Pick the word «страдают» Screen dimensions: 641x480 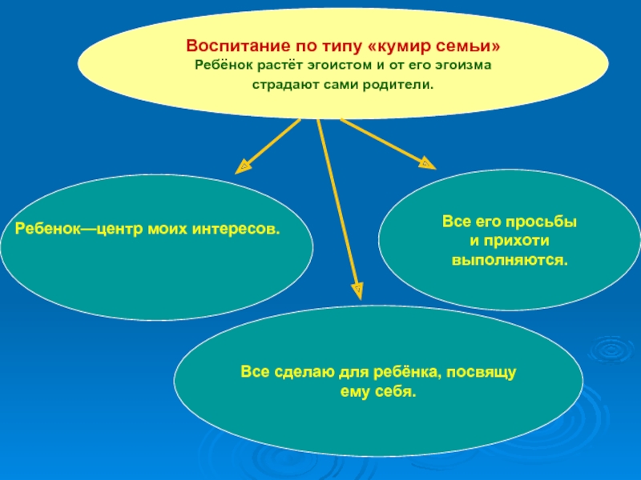[284, 82]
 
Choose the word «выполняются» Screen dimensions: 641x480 [510, 260]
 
